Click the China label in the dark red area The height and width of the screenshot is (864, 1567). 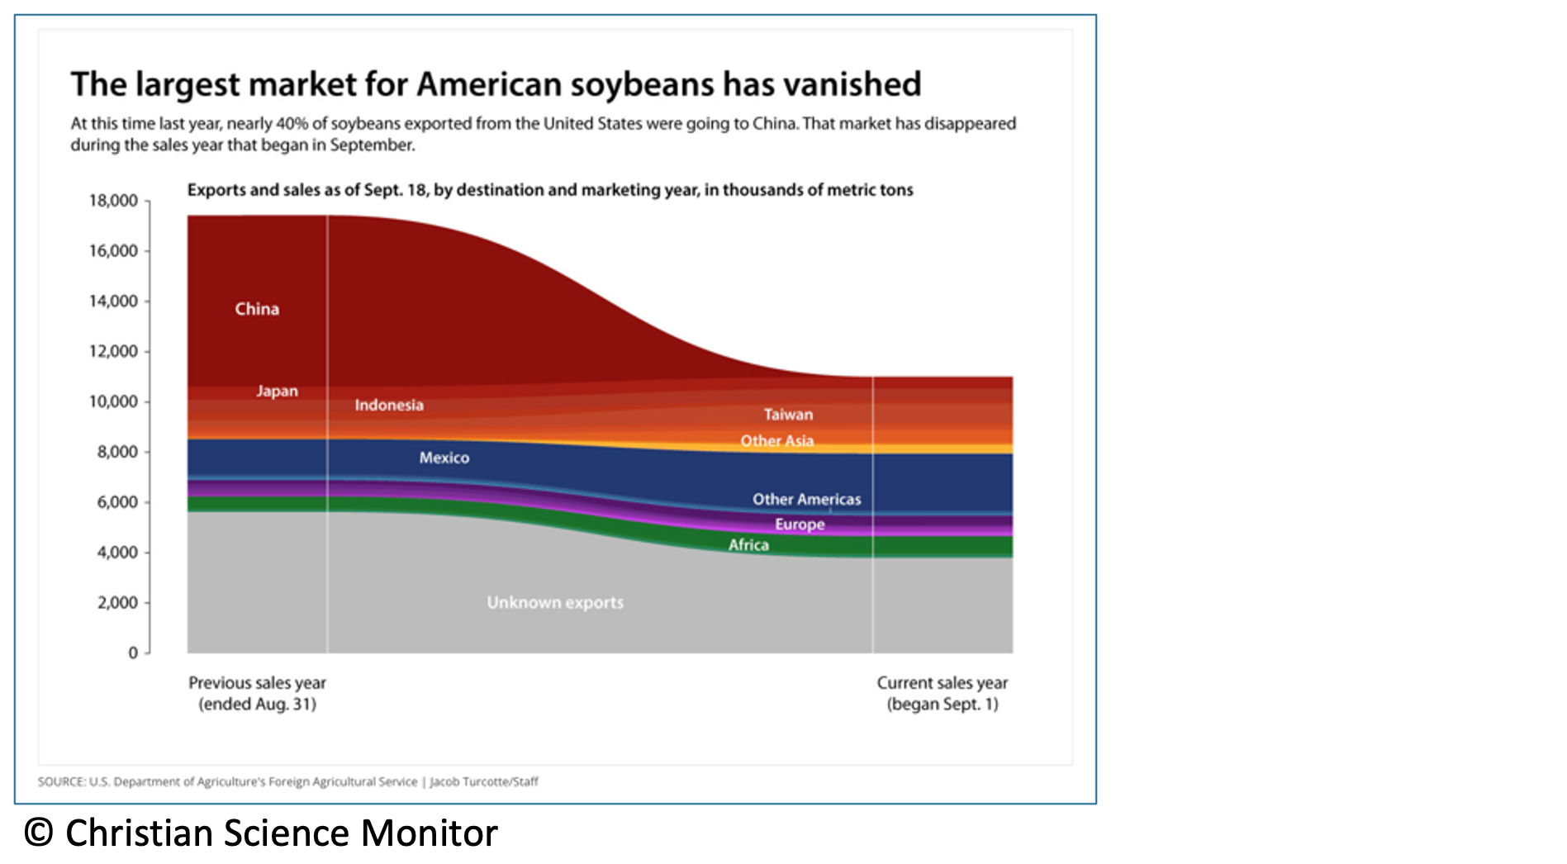pos(257,309)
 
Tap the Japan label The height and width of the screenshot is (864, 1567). pos(277,391)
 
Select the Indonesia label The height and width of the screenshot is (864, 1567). pos(389,405)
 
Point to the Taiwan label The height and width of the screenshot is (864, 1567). pos(788,415)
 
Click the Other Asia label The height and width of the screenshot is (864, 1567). pos(776,441)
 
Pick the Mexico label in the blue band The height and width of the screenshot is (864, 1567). pos(444,458)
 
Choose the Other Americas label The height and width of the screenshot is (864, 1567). pos(806,499)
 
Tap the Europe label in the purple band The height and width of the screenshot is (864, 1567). pos(800,525)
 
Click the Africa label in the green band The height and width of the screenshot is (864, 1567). pos(748,545)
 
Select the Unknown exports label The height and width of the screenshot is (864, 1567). pos(555,602)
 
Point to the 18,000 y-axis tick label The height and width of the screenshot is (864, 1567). pos(113,201)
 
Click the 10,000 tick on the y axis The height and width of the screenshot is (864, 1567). pos(113,401)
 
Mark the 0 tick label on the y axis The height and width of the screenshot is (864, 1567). pos(133,653)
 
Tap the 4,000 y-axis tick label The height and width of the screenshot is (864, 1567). pos(117,552)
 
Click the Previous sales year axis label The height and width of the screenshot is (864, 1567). pos(257,693)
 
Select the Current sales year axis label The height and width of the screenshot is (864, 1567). pos(943,693)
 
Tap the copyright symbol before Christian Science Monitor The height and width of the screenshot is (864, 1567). pos(39,833)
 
